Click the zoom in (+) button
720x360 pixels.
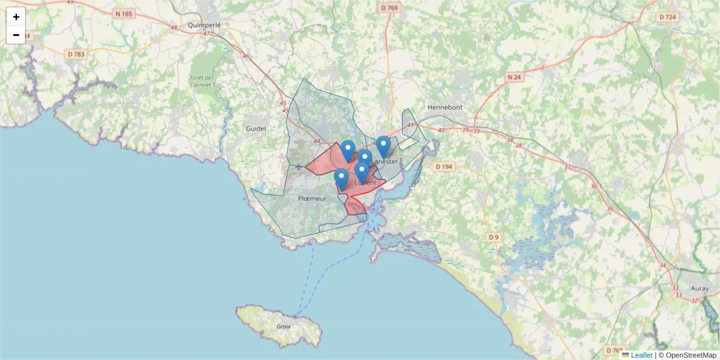point(16,17)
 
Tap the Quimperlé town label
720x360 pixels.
point(204,25)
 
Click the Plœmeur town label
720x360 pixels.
point(312,198)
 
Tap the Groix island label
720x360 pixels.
point(284,326)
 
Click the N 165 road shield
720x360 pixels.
point(124,13)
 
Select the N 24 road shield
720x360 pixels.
point(514,77)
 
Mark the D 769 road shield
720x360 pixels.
point(389,8)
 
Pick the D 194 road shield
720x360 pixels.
point(443,166)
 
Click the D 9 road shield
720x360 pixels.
point(493,238)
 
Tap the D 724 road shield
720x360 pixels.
point(668,17)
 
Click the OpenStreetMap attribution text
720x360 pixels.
point(687,355)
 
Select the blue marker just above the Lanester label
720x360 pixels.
point(383,146)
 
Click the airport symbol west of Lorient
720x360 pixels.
point(298,166)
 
